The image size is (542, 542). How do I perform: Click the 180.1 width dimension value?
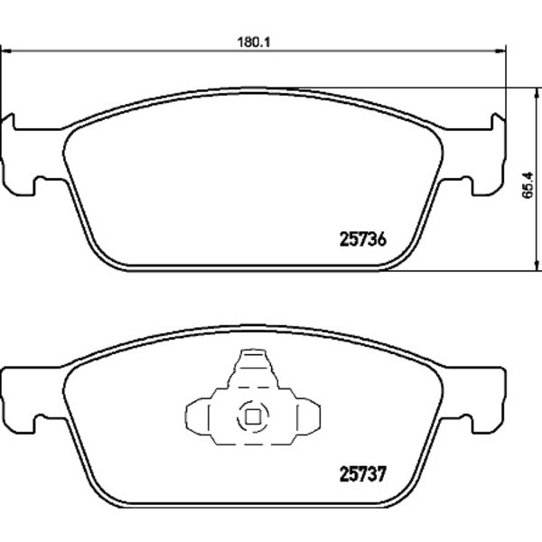pyautogui.click(x=254, y=42)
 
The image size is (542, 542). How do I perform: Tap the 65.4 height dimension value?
pyautogui.click(x=528, y=185)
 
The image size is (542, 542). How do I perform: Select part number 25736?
pyautogui.click(x=362, y=239)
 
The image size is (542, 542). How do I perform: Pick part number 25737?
pyautogui.click(x=362, y=474)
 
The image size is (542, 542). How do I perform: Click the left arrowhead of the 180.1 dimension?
pyautogui.click(x=7, y=51)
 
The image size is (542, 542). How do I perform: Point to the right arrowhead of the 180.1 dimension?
pyautogui.click(x=500, y=51)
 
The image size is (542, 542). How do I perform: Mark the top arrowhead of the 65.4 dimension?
pyautogui.click(x=537, y=93)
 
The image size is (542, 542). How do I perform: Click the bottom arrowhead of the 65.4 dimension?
pyautogui.click(x=537, y=266)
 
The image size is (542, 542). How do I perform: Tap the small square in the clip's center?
pyautogui.click(x=253, y=416)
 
